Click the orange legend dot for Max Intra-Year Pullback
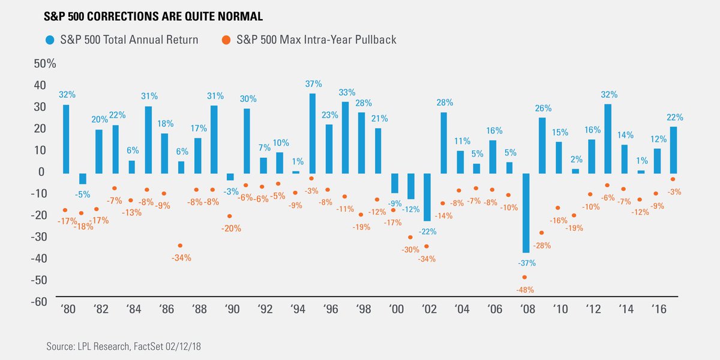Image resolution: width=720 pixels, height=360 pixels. [225, 40]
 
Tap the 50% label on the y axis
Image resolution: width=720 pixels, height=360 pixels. [45, 64]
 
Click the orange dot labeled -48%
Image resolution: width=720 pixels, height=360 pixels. [524, 277]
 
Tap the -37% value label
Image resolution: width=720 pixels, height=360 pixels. [526, 263]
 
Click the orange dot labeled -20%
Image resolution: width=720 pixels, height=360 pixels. [230, 216]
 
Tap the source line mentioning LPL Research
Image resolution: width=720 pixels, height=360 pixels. [125, 347]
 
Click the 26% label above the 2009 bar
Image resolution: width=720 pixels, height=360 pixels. [542, 109]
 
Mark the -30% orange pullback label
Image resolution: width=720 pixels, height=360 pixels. [411, 250]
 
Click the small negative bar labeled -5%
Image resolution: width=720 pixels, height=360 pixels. [83, 179]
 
